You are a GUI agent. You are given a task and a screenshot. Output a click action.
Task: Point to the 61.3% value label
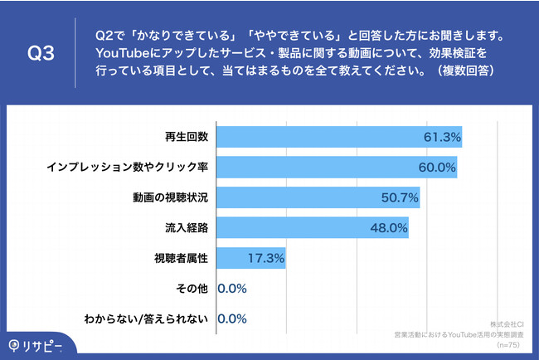[440, 137]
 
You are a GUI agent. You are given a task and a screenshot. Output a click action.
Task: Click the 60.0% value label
[436, 168]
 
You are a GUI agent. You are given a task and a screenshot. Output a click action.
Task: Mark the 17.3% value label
[266, 258]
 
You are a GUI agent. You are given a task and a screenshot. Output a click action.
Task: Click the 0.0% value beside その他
[233, 289]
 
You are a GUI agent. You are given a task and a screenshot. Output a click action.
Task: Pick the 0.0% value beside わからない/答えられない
[233, 319]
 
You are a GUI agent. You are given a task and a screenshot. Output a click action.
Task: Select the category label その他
[192, 289]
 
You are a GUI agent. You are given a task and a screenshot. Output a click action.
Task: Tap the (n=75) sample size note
[508, 342]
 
